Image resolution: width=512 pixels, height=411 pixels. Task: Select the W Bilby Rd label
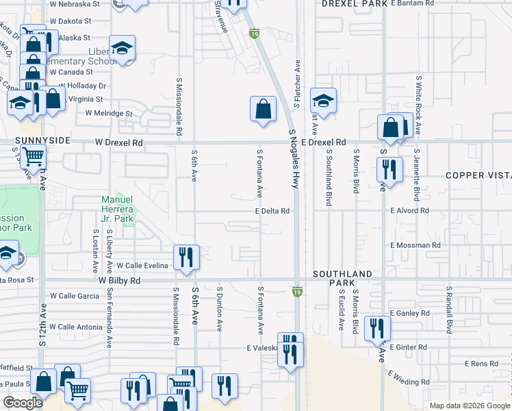[x=119, y=281]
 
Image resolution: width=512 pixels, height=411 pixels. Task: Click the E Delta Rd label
[x=273, y=211]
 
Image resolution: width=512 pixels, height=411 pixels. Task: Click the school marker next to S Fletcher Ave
[x=323, y=101]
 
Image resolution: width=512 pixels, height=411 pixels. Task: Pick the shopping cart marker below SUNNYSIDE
[x=33, y=157]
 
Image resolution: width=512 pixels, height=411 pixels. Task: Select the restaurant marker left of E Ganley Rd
[x=376, y=328]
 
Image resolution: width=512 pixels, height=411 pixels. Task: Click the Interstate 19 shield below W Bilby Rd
[x=297, y=291]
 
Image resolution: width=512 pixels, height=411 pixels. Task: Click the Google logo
[x=23, y=403]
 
